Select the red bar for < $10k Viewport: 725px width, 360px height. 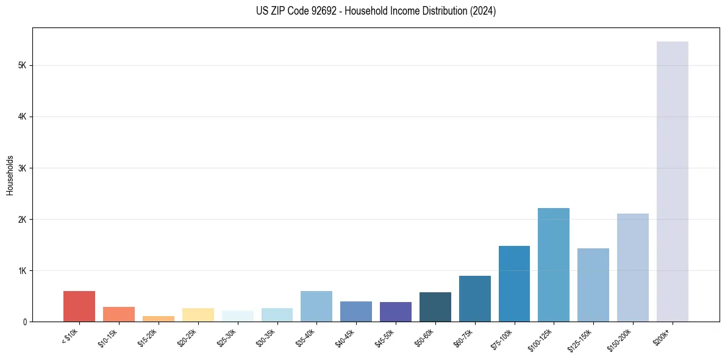(79, 306)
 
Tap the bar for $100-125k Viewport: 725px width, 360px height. (554, 265)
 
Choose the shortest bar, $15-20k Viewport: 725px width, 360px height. (159, 319)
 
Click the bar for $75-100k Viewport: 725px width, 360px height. (514, 284)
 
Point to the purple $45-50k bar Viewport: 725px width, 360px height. (396, 312)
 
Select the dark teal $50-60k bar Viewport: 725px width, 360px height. (435, 307)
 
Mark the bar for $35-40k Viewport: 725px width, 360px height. (316, 306)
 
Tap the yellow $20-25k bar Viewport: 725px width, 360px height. (198, 315)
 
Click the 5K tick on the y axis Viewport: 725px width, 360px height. (22, 65)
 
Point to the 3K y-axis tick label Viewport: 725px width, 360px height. (22, 168)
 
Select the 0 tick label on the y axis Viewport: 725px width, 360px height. (24, 322)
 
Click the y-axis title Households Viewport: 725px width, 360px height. (10, 175)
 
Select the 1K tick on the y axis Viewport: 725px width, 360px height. (22, 270)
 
